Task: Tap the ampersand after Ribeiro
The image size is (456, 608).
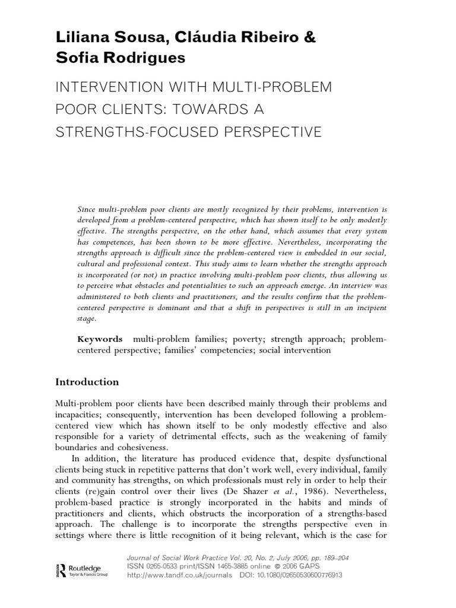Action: click(x=310, y=37)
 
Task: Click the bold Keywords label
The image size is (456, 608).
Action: click(x=100, y=339)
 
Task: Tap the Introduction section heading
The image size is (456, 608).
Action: click(x=87, y=382)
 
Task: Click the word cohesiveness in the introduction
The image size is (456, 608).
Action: click(x=134, y=448)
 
